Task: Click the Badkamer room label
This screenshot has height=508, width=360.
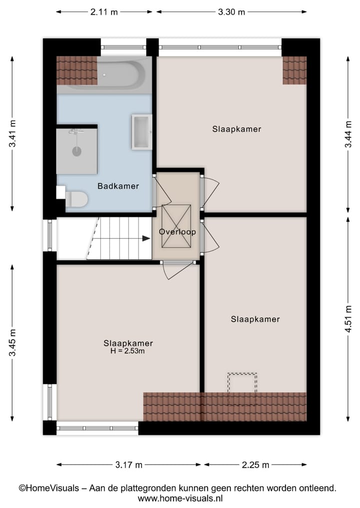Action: pos(118,186)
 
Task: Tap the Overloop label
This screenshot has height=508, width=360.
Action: pos(177,232)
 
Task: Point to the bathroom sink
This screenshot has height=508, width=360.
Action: pos(141,132)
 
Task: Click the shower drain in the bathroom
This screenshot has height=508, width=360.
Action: pos(76,151)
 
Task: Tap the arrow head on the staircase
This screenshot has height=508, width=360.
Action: pos(145,238)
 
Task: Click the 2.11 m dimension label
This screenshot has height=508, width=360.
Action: pos(104,12)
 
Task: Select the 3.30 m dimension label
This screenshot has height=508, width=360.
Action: pos(231,12)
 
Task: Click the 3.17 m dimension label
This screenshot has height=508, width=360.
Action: pos(128,465)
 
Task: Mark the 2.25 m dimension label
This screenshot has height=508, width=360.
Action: pos(255,465)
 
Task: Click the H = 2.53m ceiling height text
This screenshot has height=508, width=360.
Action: pos(128,351)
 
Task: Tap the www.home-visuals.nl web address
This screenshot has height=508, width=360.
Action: pos(180,498)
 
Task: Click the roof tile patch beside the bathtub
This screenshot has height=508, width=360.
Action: pos(76,70)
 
